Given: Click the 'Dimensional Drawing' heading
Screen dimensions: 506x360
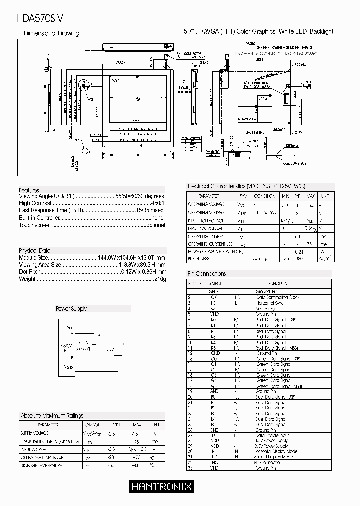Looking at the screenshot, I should (x=52, y=33).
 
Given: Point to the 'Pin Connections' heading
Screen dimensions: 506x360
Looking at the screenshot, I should (x=207, y=274).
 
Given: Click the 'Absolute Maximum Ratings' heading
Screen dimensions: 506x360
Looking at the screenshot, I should (x=52, y=416).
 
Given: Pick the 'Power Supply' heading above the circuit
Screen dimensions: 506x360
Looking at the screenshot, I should (x=71, y=309).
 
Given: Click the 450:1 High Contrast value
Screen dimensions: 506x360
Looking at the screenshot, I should (x=157, y=204).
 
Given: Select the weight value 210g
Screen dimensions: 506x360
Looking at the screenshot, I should (x=159, y=279).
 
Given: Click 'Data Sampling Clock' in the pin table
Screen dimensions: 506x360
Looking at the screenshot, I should (x=277, y=297).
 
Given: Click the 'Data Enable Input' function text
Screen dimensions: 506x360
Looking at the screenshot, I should (x=271, y=435).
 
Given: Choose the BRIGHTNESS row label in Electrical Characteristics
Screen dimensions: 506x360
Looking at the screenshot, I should (x=198, y=259).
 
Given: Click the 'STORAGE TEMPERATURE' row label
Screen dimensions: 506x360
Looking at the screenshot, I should (x=41, y=466).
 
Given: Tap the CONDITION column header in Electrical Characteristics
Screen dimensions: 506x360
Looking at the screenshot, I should (x=264, y=197).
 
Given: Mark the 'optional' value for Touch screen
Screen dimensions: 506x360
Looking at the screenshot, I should (x=155, y=225).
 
